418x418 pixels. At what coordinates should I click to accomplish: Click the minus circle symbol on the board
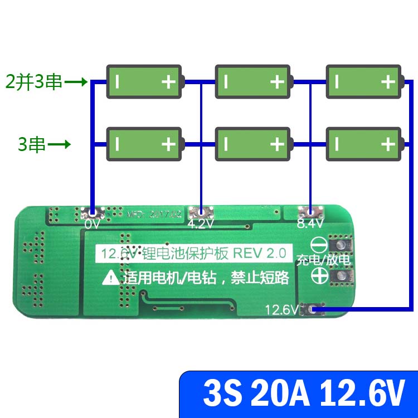tap(318, 245)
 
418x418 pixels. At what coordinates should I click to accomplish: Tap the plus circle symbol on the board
tap(319, 275)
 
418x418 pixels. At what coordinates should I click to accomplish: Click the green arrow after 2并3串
tap(76, 82)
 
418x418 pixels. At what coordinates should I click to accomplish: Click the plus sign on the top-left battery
tap(168, 82)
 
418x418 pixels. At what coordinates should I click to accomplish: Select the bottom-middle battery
tap(253, 144)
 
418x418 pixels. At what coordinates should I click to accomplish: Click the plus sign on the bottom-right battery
tap(388, 144)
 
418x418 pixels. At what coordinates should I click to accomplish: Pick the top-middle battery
tap(253, 82)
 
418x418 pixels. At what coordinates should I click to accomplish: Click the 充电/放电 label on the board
tap(323, 260)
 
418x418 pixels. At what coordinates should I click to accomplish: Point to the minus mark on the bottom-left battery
tap(117, 144)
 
